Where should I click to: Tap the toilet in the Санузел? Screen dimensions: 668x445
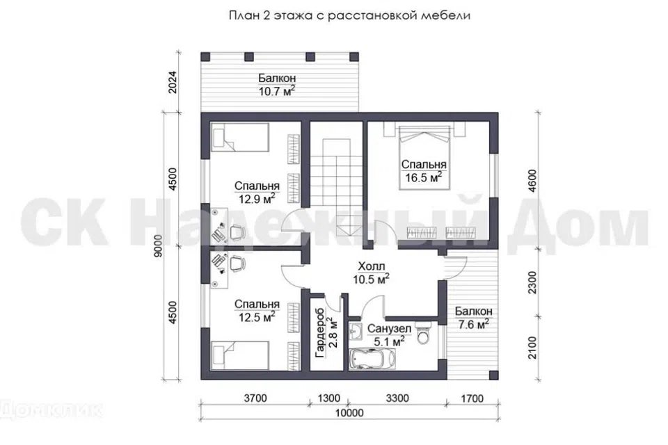pyautogui.click(x=424, y=334)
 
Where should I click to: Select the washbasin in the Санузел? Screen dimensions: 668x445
pyautogui.click(x=356, y=332)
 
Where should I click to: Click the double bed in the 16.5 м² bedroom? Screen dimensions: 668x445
pyautogui.click(x=424, y=156)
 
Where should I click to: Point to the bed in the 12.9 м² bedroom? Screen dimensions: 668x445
pyautogui.click(x=240, y=138)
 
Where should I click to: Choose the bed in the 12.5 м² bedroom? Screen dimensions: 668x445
pyautogui.click(x=240, y=355)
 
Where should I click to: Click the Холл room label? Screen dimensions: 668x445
pyautogui.click(x=372, y=266)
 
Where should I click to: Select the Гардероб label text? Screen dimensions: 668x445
pyautogui.click(x=319, y=332)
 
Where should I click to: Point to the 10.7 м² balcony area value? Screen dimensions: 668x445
pyautogui.click(x=277, y=90)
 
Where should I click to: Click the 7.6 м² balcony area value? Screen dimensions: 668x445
pyautogui.click(x=473, y=325)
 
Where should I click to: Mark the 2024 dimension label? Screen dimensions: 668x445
pyautogui.click(x=173, y=82)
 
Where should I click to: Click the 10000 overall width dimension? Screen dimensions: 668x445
pyautogui.click(x=349, y=412)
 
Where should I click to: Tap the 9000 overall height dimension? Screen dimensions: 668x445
pyautogui.click(x=159, y=245)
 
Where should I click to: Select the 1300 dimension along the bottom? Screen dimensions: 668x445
pyautogui.click(x=329, y=398)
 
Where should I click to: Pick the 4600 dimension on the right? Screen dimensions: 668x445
pyautogui.click(x=532, y=181)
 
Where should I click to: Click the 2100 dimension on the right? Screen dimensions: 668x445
pyautogui.click(x=532, y=348)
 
